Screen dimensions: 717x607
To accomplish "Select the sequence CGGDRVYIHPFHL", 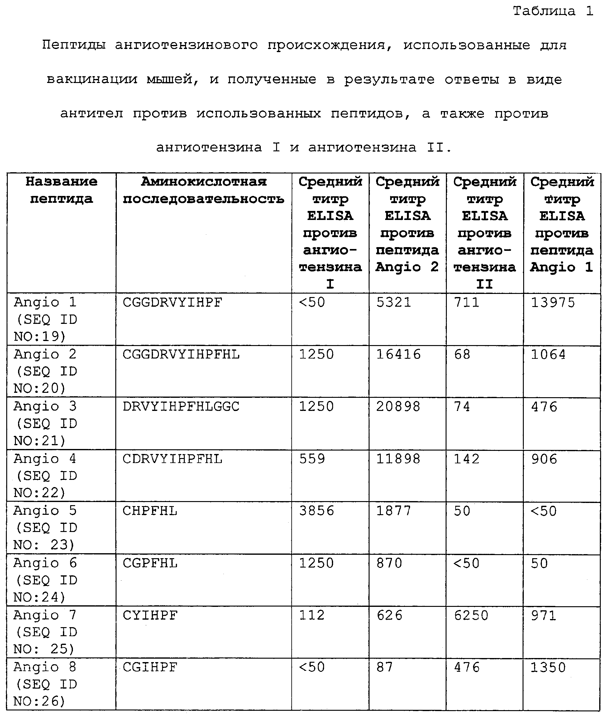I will pyautogui.click(x=181, y=354).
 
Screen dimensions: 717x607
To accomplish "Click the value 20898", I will pyautogui.click(x=398, y=407).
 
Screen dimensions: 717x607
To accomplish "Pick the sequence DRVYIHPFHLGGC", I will pyautogui.click(x=181, y=407).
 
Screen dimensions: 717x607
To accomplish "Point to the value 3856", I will pyautogui.click(x=317, y=511).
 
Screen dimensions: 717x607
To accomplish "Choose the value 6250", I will pyautogui.click(x=471, y=615).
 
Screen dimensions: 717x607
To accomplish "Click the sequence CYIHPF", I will pyautogui.click(x=150, y=615).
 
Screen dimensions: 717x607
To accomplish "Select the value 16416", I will pyautogui.click(x=398, y=354).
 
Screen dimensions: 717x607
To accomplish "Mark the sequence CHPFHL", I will pyautogui.click(x=150, y=511).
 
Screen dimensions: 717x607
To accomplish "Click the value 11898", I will pyautogui.click(x=398, y=459).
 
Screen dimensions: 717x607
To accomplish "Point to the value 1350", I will pyautogui.click(x=548, y=667).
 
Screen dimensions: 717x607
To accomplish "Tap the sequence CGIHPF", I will pyautogui.click(x=150, y=667).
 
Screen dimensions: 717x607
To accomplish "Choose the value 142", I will pyautogui.click(x=466, y=459).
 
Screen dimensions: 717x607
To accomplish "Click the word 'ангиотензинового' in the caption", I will pyautogui.click(x=186, y=45).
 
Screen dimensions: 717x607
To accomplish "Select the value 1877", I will pyautogui.click(x=394, y=511).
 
